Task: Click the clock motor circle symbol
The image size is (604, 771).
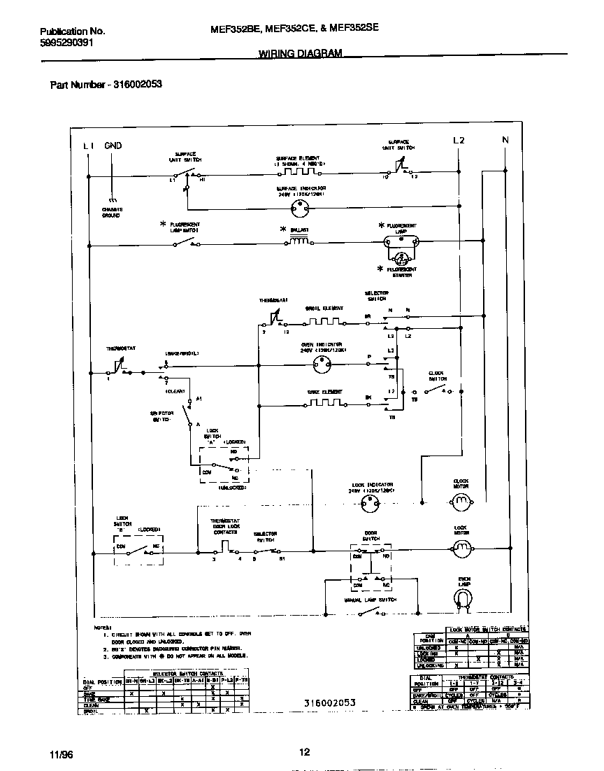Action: [461, 501]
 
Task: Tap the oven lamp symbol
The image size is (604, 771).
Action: [463, 597]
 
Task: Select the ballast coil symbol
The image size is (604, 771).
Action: [299, 242]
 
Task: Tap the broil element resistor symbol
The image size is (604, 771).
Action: [322, 323]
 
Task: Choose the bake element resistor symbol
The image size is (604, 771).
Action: [322, 403]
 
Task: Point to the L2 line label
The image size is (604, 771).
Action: [459, 141]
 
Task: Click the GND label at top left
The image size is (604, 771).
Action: [113, 146]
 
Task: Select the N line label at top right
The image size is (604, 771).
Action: [505, 141]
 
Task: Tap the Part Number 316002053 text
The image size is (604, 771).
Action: [106, 85]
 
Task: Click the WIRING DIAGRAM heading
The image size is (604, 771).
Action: [301, 53]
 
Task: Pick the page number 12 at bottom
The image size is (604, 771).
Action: [304, 752]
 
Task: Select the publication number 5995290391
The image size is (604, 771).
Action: [66, 42]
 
